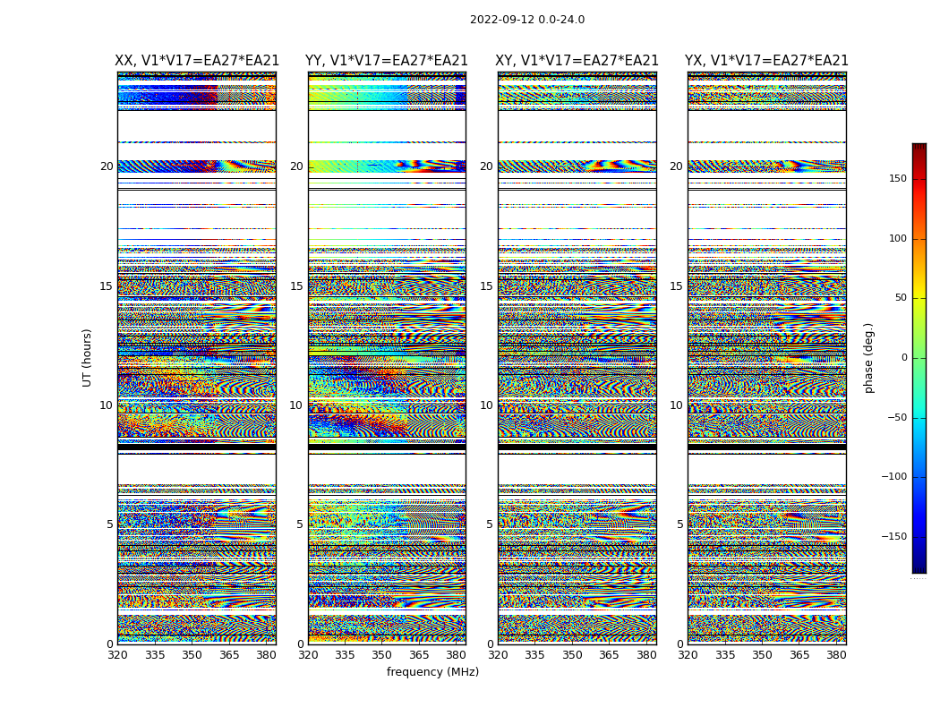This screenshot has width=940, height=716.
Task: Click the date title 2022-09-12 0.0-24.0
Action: click(x=527, y=20)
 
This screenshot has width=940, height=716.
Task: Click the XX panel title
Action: click(x=197, y=61)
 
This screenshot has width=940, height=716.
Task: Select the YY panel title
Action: click(x=387, y=61)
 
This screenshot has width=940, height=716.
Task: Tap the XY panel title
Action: click(x=577, y=61)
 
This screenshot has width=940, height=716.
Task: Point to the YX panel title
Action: click(x=766, y=61)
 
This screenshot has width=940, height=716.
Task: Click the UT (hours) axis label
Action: click(x=87, y=357)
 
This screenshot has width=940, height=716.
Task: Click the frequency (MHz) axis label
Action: click(x=432, y=672)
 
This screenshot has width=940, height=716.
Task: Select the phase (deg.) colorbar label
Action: click(x=869, y=357)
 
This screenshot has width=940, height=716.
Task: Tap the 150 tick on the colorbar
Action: click(x=896, y=179)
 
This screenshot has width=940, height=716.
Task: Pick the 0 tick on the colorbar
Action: click(x=902, y=358)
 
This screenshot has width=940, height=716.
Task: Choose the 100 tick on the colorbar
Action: click(x=896, y=239)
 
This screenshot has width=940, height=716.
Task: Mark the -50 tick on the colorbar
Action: click(x=896, y=418)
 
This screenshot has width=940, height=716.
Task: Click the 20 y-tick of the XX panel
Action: click(x=107, y=166)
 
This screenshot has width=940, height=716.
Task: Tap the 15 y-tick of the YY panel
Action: click(x=296, y=286)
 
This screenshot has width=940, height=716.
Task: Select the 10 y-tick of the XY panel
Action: click(x=486, y=405)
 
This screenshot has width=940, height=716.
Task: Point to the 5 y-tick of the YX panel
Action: click(x=679, y=524)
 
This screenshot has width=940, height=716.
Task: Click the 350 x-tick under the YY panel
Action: click(x=382, y=655)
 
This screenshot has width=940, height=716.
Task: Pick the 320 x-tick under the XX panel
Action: click(x=117, y=655)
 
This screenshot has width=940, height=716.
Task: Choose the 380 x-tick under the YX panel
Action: click(x=836, y=655)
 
